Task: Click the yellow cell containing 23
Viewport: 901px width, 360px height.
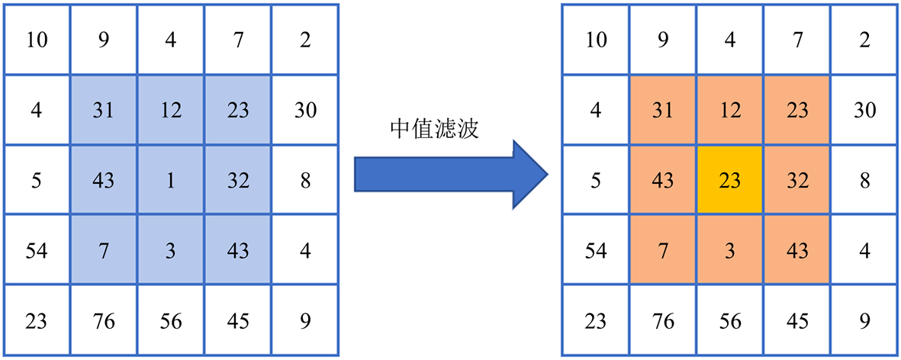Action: [730, 182]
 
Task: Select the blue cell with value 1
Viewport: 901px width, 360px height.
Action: [171, 182]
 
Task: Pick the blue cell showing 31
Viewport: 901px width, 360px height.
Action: [104, 111]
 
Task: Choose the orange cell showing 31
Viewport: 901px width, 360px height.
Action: [663, 111]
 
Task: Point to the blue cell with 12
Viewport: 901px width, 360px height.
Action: [171, 111]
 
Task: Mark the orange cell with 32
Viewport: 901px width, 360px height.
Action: [797, 182]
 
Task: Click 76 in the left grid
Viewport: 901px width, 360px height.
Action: [104, 321]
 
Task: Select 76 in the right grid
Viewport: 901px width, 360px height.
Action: [663, 321]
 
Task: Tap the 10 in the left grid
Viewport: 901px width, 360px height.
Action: [36, 40]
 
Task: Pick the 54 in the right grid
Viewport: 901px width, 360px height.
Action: [595, 251]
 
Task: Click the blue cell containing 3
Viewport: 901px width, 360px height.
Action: [171, 251]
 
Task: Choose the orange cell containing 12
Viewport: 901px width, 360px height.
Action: [730, 111]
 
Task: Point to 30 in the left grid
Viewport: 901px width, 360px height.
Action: [305, 111]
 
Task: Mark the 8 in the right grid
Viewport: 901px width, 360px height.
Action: [864, 182]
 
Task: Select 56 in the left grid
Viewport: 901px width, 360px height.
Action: [171, 321]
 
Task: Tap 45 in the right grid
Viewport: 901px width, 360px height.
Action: [797, 321]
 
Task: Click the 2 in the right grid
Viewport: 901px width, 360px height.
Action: [864, 40]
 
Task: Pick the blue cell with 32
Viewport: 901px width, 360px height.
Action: [238, 182]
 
